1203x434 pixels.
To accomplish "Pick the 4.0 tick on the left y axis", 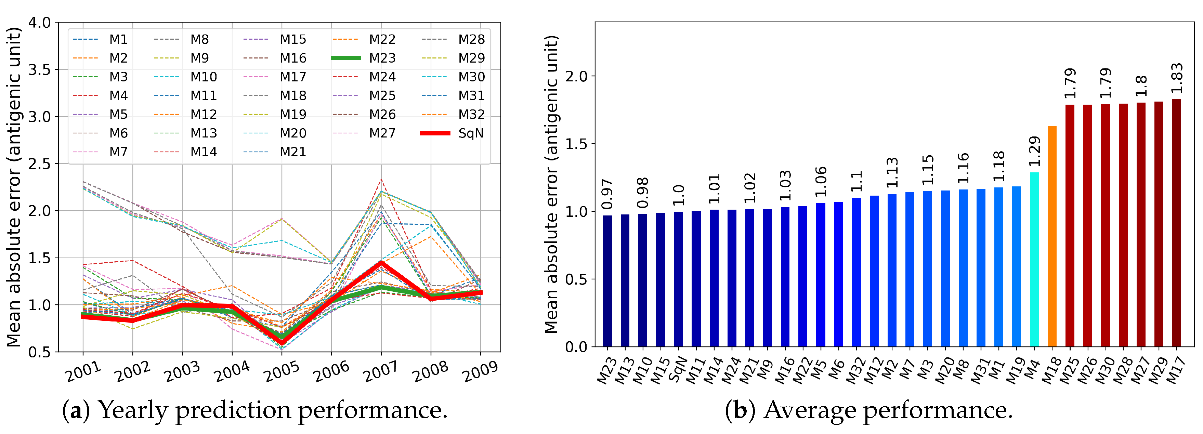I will (x=40, y=23).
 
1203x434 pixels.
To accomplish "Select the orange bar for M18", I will (x=1052, y=236).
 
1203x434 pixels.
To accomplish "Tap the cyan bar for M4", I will (x=1034, y=259).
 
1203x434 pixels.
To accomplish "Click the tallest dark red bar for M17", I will (x=1176, y=223).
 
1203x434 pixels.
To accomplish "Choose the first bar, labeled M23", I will (x=607, y=281).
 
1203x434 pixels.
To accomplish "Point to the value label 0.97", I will (x=607, y=194).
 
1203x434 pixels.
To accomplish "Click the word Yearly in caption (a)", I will (x=133, y=410).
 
